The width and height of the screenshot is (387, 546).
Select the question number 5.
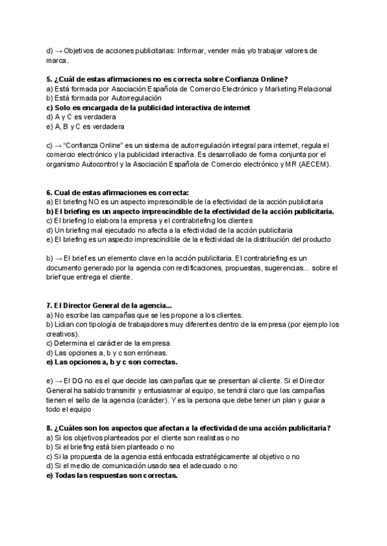point(49,79)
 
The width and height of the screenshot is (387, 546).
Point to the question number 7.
point(49,305)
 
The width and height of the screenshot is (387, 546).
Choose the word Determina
point(70,343)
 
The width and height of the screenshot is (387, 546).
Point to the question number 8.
point(49,428)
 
